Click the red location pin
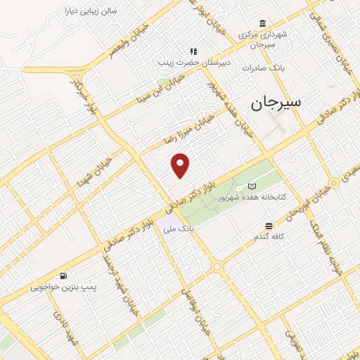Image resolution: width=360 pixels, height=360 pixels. (181, 165)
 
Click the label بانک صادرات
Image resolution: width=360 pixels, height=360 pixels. (262, 68)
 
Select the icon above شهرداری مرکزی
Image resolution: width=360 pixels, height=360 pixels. (262, 22)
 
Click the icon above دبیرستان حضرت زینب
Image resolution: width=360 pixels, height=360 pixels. (193, 51)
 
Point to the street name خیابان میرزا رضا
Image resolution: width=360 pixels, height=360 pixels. (187, 129)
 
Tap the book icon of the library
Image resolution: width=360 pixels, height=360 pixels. (251, 187)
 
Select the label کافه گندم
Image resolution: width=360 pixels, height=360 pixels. (269, 237)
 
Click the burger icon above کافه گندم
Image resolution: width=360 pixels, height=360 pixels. (269, 226)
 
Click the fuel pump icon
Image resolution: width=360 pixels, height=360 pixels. (65, 276)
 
